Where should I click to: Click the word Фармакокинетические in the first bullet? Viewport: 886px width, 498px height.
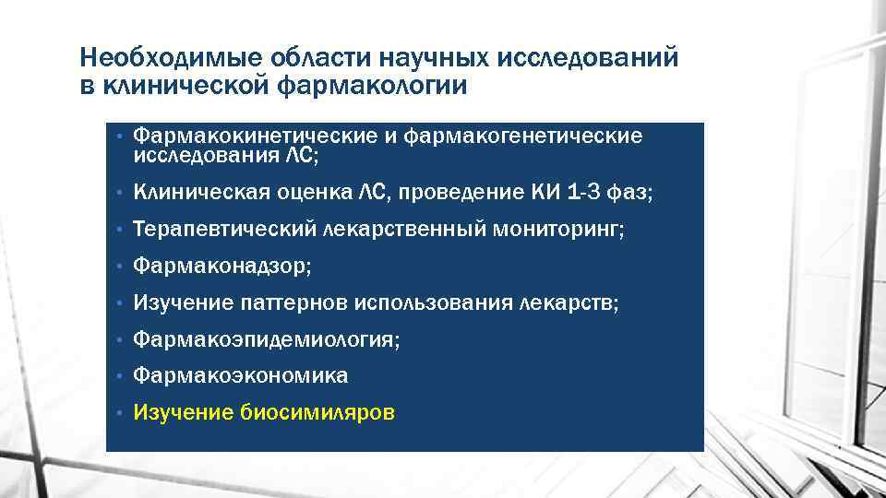[x=255, y=136]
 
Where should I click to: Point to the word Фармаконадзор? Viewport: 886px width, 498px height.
[x=221, y=267]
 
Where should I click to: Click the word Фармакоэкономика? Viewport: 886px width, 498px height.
[x=241, y=376]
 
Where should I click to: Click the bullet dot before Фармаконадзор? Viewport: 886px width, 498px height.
[x=120, y=267]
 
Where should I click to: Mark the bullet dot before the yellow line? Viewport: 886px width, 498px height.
[x=120, y=413]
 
